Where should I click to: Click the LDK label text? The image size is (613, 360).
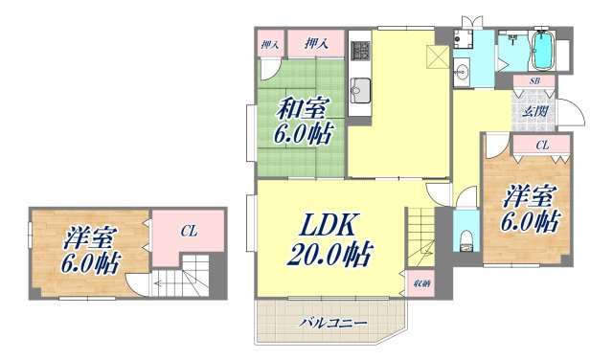pyautogui.click(x=330, y=226)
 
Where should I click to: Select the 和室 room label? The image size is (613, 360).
pyautogui.click(x=306, y=107)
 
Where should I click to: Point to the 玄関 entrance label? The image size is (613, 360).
pyautogui.click(x=534, y=111)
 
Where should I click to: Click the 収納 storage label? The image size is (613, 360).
pyautogui.click(x=420, y=285)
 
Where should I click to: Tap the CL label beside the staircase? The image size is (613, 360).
pyautogui.click(x=190, y=231)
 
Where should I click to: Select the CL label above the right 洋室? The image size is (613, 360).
pyautogui.click(x=542, y=145)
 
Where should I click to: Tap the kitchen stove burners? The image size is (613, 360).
pyautogui.click(x=360, y=49)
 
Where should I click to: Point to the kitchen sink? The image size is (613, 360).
pyautogui.click(x=360, y=93)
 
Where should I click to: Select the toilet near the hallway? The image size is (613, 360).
pyautogui.click(x=465, y=236)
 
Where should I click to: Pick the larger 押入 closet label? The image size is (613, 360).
pyautogui.click(x=317, y=43)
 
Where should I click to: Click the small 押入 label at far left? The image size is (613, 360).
pyautogui.click(x=270, y=43)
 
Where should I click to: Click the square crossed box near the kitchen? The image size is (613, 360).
pyautogui.click(x=436, y=56)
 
